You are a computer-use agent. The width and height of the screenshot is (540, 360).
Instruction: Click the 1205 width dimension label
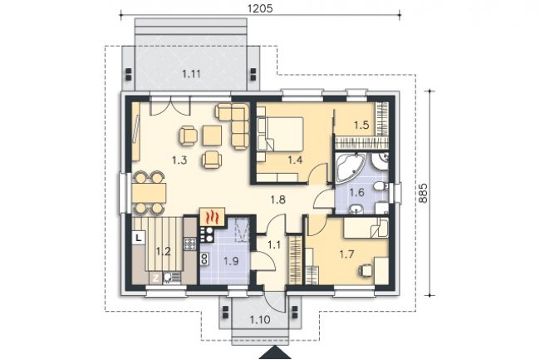pyautogui.click(x=260, y=7)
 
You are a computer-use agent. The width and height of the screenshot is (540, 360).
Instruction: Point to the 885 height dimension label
pyautogui.click(x=424, y=192)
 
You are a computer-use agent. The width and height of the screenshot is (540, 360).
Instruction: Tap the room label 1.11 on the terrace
pyautogui.click(x=191, y=74)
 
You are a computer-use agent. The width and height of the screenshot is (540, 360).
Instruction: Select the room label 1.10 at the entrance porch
pyautogui.click(x=260, y=320)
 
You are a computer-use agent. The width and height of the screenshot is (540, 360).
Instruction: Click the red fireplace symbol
pyautogui.click(x=212, y=217)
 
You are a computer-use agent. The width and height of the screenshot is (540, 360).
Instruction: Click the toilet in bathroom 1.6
pyautogui.click(x=380, y=186)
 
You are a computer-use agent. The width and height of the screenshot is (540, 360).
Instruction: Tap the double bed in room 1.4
pyautogui.click(x=280, y=134)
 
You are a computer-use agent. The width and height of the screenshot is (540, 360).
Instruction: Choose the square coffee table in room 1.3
pyautogui.click(x=212, y=136)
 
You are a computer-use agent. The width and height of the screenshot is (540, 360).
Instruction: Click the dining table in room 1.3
pyautogui.click(x=149, y=193)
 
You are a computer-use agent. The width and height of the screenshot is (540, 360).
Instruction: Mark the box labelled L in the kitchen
pyautogui.click(x=139, y=238)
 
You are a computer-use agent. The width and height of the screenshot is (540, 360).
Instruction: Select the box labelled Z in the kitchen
pyautogui.click(x=155, y=278)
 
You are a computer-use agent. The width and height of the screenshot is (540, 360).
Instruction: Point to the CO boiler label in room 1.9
pyautogui.click(x=204, y=259)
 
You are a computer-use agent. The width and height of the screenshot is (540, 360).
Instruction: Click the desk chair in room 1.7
pyautogui.click(x=366, y=269)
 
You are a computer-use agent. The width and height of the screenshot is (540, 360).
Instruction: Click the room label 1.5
pyautogui.click(x=361, y=125)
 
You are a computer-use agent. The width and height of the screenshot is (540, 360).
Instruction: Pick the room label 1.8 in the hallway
pyautogui.click(x=278, y=200)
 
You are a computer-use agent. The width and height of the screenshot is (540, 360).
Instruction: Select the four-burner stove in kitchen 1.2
pyautogui.click(x=189, y=244)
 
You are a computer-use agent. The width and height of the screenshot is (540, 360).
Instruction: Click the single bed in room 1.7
pyautogui.click(x=366, y=227)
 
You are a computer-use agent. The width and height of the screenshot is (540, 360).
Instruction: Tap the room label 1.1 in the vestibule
pyautogui.click(x=274, y=245)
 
